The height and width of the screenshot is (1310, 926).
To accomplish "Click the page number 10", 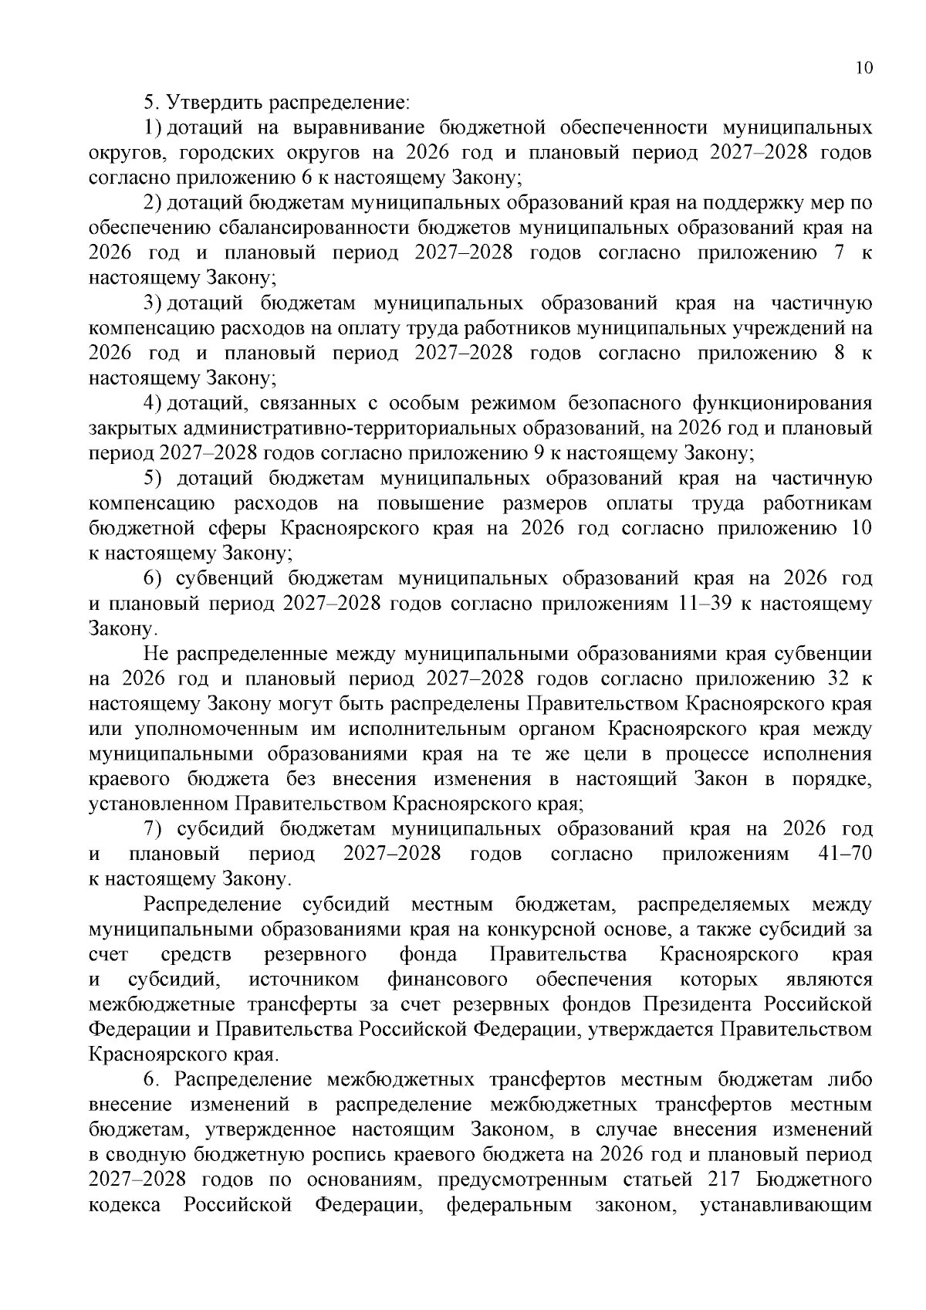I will [864, 68].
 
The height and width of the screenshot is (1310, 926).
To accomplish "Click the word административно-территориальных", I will [324, 428].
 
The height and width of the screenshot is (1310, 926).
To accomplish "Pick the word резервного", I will [315, 954].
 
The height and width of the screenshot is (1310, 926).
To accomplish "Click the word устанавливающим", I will [785, 1205].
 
